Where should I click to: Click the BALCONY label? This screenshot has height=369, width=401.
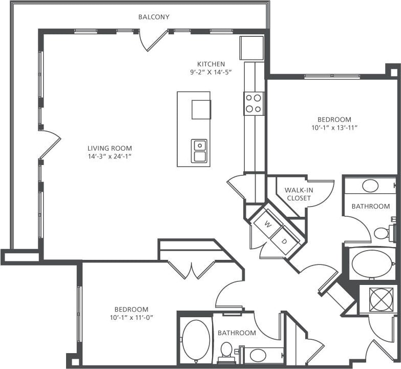154,17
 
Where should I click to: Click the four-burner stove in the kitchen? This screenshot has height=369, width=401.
254,103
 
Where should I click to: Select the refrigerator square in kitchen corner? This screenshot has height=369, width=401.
251,48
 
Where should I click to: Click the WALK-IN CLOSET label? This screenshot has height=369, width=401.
299,194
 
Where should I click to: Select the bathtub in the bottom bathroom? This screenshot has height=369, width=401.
196,340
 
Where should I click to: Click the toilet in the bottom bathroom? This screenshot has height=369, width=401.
226,352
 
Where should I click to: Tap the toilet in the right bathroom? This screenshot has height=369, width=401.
383,233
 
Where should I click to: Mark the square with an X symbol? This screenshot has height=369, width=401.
382,299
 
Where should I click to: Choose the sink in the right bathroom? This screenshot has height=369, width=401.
370,186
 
